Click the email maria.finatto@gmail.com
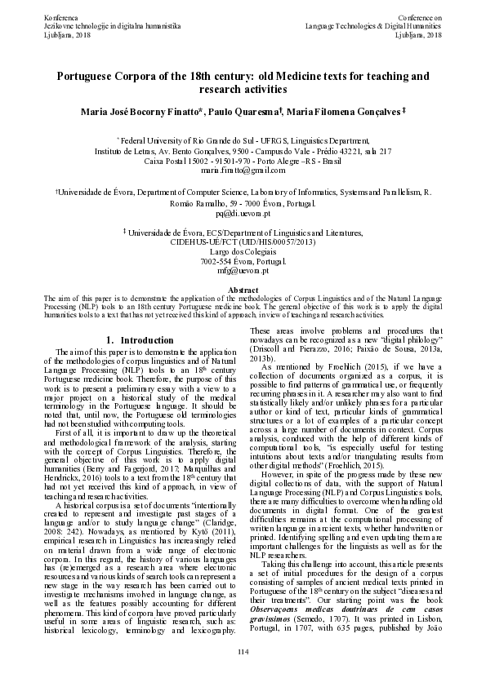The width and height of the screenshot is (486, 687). tap(243, 171)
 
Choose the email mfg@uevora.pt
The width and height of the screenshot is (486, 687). tap(243, 270)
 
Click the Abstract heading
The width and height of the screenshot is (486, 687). tap(243, 290)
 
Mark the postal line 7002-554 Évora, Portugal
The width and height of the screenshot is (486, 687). tap(243, 261)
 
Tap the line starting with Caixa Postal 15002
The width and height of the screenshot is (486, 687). tap(243, 161)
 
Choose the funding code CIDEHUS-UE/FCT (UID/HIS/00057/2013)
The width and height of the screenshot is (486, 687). tap(243, 242)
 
